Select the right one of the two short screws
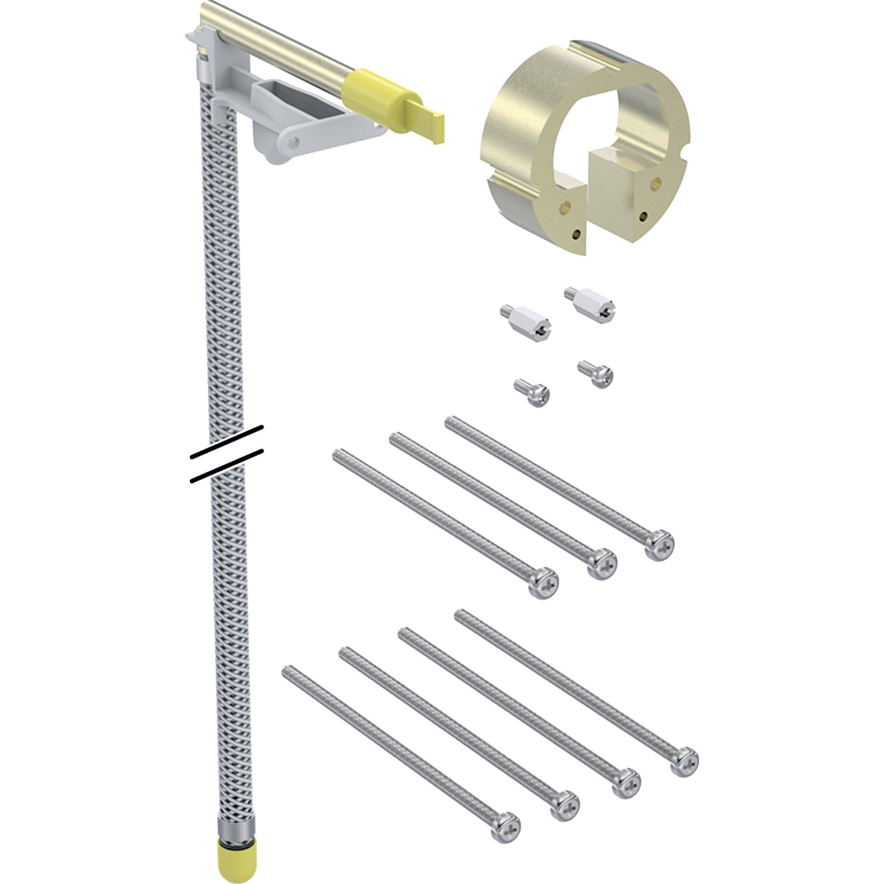tap(596, 372)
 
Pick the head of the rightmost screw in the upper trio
tap(659, 544)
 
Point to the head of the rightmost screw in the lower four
tap(683, 760)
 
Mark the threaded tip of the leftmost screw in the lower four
tap(288, 671)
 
